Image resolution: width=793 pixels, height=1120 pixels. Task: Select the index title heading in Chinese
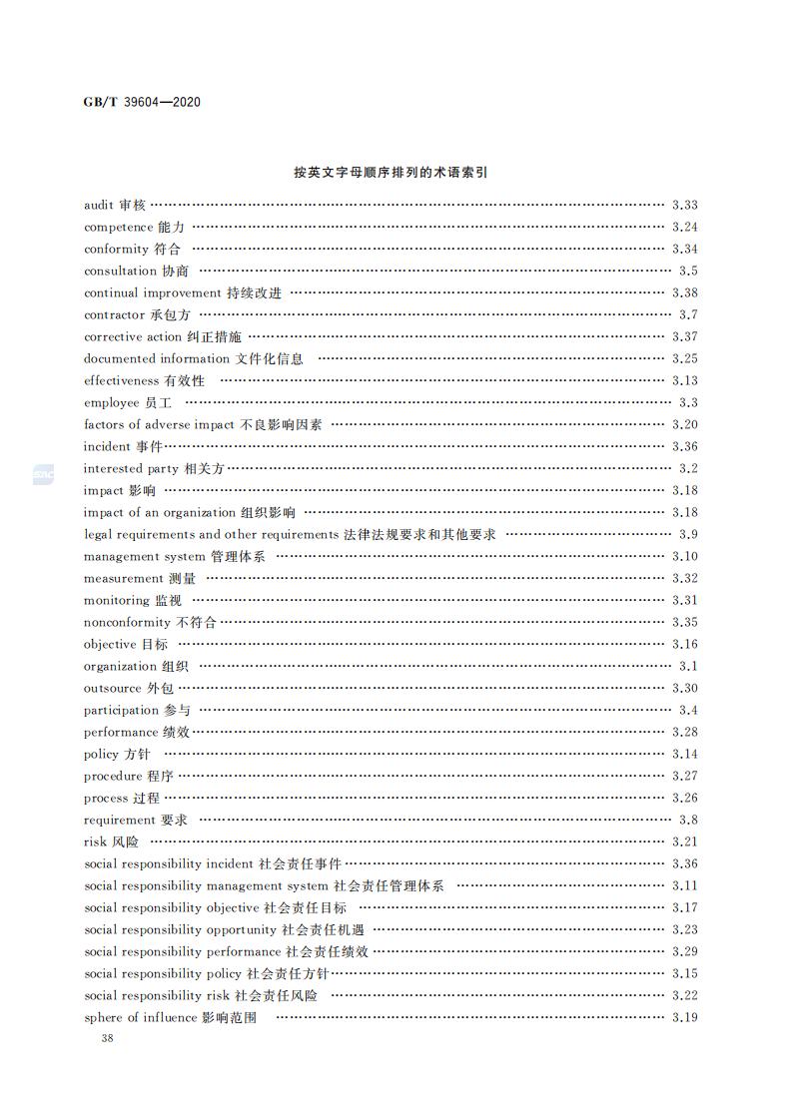[390, 173]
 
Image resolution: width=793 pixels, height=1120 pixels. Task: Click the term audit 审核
[115, 206]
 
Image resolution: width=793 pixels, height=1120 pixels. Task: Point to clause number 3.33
[685, 206]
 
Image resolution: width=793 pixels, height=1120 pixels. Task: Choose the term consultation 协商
[136, 272]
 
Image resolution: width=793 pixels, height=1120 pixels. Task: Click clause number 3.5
[688, 272]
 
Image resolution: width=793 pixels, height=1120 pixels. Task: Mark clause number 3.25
[685, 359]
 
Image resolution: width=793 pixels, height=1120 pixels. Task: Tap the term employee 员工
[128, 403]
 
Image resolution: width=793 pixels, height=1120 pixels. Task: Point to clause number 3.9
[688, 535]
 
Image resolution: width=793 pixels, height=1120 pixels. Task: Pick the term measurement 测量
[140, 579]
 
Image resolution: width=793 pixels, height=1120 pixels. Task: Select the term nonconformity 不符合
[150, 623]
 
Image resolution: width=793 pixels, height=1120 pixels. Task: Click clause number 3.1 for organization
[688, 667]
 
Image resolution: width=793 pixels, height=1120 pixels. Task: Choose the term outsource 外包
[129, 689]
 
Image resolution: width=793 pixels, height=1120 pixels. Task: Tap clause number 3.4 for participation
[688, 711]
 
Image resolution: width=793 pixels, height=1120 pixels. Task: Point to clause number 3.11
[685, 886]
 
